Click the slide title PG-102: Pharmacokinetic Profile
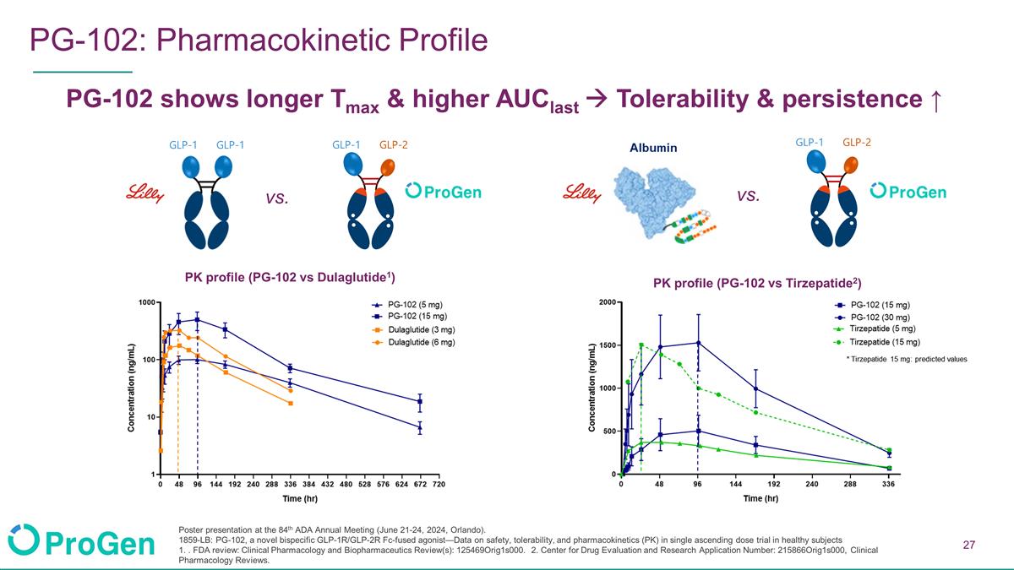pyautogui.click(x=259, y=40)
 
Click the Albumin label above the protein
pyautogui.click(x=653, y=148)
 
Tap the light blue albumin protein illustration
pyautogui.click(x=654, y=200)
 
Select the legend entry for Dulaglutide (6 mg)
pyautogui.click(x=413, y=342)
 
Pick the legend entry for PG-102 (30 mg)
pyautogui.click(x=872, y=318)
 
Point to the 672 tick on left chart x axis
pyautogui.click(x=420, y=484)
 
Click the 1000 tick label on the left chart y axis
pyautogui.click(x=147, y=302)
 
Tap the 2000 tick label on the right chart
pyautogui.click(x=607, y=302)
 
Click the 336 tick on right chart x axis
pyautogui.click(x=888, y=484)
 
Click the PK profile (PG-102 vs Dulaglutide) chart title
pyautogui.click(x=290, y=277)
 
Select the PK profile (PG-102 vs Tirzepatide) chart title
pyautogui.click(x=757, y=283)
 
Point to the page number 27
pyautogui.click(x=968, y=545)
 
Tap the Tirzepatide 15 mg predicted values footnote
pyautogui.click(x=907, y=359)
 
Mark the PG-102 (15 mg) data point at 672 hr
pyautogui.click(x=420, y=401)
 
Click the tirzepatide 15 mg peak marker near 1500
pyautogui.click(x=641, y=345)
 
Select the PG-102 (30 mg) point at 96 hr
pyautogui.click(x=698, y=343)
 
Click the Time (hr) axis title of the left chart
pyautogui.click(x=300, y=498)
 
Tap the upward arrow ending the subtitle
pyautogui.click(x=936, y=100)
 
